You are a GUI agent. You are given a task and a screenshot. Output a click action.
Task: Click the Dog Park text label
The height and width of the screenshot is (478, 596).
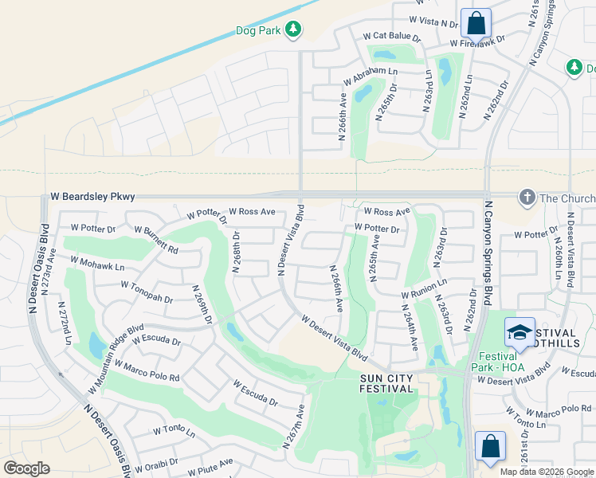pos(259,30)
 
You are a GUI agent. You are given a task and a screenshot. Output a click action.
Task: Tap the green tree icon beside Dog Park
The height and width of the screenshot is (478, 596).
pos(293,29)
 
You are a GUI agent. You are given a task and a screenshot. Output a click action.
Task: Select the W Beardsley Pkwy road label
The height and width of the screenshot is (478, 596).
pos(93,197)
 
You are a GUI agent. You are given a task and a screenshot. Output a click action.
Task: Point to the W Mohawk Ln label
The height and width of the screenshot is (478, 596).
pos(97,263)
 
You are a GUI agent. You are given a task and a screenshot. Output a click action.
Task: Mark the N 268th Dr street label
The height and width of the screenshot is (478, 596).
pos(237,253)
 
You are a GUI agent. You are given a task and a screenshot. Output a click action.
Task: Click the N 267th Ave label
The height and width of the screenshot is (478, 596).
pos(293,426)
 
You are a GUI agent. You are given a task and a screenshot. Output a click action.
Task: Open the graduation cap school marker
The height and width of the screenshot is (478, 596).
pos(520,333)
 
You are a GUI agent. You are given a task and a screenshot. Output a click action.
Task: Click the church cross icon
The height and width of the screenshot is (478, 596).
pos(526,197)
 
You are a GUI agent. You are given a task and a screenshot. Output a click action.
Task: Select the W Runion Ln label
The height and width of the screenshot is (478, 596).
pos(423,288)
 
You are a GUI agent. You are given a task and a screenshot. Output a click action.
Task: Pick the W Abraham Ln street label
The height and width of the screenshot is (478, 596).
pos(370,76)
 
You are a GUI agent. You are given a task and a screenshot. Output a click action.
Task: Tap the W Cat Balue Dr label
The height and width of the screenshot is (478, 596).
pos(391,36)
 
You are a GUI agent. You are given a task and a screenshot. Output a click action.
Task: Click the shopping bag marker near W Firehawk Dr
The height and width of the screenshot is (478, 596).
pos(476,25)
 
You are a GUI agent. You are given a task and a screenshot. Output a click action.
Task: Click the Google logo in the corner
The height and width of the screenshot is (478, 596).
pos(26,468)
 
